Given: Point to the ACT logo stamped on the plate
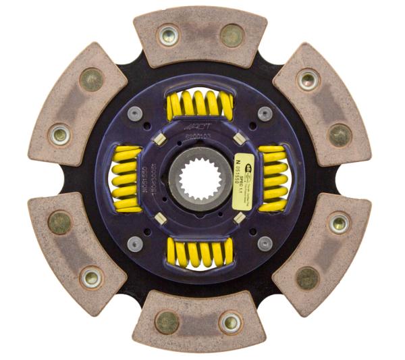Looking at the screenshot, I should coord(196,126).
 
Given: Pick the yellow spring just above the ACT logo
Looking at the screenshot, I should coord(199,104).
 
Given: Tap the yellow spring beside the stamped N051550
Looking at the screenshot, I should coord(126,180).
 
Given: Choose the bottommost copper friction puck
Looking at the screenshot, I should coord(200,321).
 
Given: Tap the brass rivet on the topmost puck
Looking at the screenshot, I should coord(232,35).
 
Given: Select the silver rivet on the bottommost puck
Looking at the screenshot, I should coord(230,322).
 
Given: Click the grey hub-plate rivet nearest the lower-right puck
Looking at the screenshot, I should coord(264,242).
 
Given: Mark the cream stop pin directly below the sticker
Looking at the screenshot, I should coord(238,217).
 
